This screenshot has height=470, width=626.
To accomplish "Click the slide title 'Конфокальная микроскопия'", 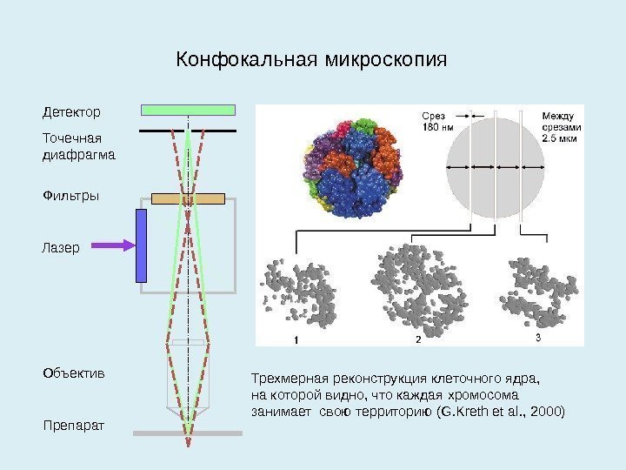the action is [x=311, y=61].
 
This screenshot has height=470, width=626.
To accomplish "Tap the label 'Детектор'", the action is [x=71, y=112].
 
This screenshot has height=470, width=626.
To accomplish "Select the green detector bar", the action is [x=188, y=110].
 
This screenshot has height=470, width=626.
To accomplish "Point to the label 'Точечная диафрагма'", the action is [x=78, y=146].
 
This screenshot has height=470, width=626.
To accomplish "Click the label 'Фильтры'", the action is [x=70, y=196].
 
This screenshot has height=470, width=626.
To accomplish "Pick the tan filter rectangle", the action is [x=188, y=198].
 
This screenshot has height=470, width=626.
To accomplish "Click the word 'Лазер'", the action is [x=60, y=247].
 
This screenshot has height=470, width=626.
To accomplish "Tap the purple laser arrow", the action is [x=112, y=245].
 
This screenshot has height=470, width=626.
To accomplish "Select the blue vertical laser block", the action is [x=141, y=245].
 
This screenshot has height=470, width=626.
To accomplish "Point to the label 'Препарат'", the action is [x=72, y=426].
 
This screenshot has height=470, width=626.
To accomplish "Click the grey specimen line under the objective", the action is [x=188, y=433].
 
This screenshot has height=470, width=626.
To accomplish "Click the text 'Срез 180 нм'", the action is [x=437, y=123].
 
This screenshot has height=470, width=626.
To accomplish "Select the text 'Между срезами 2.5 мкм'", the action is [x=561, y=126].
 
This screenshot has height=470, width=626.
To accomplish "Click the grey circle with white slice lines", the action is [x=495, y=166].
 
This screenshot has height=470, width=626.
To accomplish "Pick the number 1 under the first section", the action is [x=296, y=339].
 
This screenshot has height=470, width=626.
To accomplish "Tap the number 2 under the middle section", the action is [x=418, y=339].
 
